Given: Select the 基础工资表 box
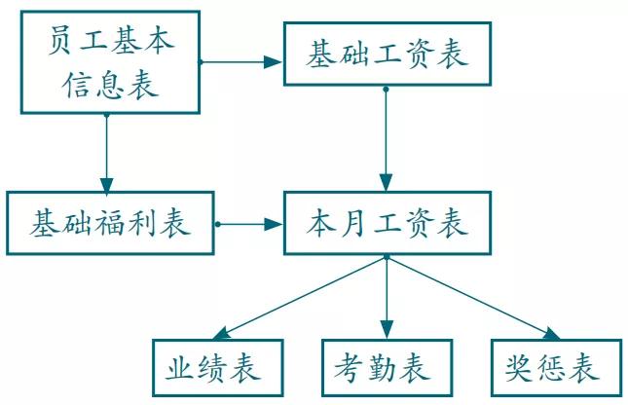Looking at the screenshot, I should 387,54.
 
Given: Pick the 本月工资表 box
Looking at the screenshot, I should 387,223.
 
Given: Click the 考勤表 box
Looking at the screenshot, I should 387,368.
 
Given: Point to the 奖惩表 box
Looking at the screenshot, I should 555,368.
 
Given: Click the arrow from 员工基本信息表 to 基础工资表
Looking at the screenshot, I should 241,62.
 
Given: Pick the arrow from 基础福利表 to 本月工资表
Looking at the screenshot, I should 249,224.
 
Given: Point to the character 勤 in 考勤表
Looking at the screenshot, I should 387,368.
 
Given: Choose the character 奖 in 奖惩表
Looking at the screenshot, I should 520,368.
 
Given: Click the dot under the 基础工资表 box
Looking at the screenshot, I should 387,89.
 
